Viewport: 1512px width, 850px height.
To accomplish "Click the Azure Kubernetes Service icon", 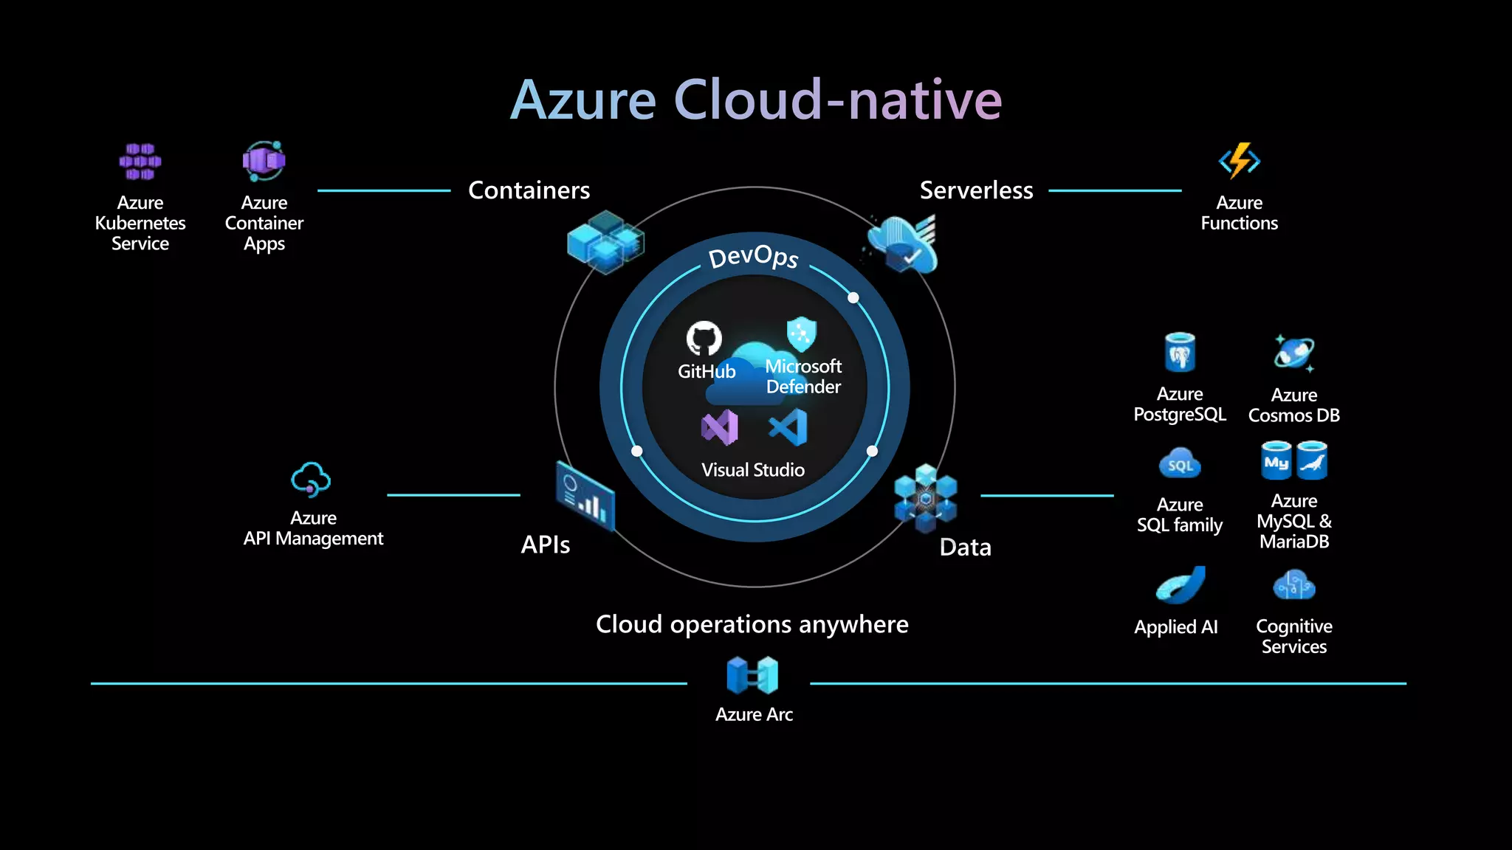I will (140, 162).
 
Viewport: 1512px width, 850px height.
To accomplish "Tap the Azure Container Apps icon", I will (264, 161).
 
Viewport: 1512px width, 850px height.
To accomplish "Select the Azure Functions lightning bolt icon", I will (1239, 161).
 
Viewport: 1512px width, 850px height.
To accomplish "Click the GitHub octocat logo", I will (704, 338).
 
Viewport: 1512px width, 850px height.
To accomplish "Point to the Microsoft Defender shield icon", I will (801, 334).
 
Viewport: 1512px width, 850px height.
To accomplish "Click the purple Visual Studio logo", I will (719, 427).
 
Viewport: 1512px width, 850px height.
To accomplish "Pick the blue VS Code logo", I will (788, 427).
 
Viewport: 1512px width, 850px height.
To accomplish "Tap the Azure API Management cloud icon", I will (311, 480).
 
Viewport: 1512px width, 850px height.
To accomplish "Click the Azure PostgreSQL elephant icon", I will (1180, 353).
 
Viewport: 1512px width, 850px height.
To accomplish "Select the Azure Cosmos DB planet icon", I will (1293, 353).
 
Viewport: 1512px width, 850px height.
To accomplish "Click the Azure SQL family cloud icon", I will (1180, 464).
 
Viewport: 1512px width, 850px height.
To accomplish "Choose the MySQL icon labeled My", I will (1276, 461).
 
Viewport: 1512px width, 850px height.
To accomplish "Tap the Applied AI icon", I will (1181, 586).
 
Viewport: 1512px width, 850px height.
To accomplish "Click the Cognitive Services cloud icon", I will (1293, 586).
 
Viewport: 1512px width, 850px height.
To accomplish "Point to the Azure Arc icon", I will (752, 675).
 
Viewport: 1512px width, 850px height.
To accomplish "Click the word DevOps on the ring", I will (753, 257).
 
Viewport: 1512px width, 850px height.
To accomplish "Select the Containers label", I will (529, 190).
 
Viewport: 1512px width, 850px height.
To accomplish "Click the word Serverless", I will (976, 190).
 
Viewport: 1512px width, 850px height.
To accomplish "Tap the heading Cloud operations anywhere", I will (752, 624).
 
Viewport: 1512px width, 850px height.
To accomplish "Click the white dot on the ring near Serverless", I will (853, 297).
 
